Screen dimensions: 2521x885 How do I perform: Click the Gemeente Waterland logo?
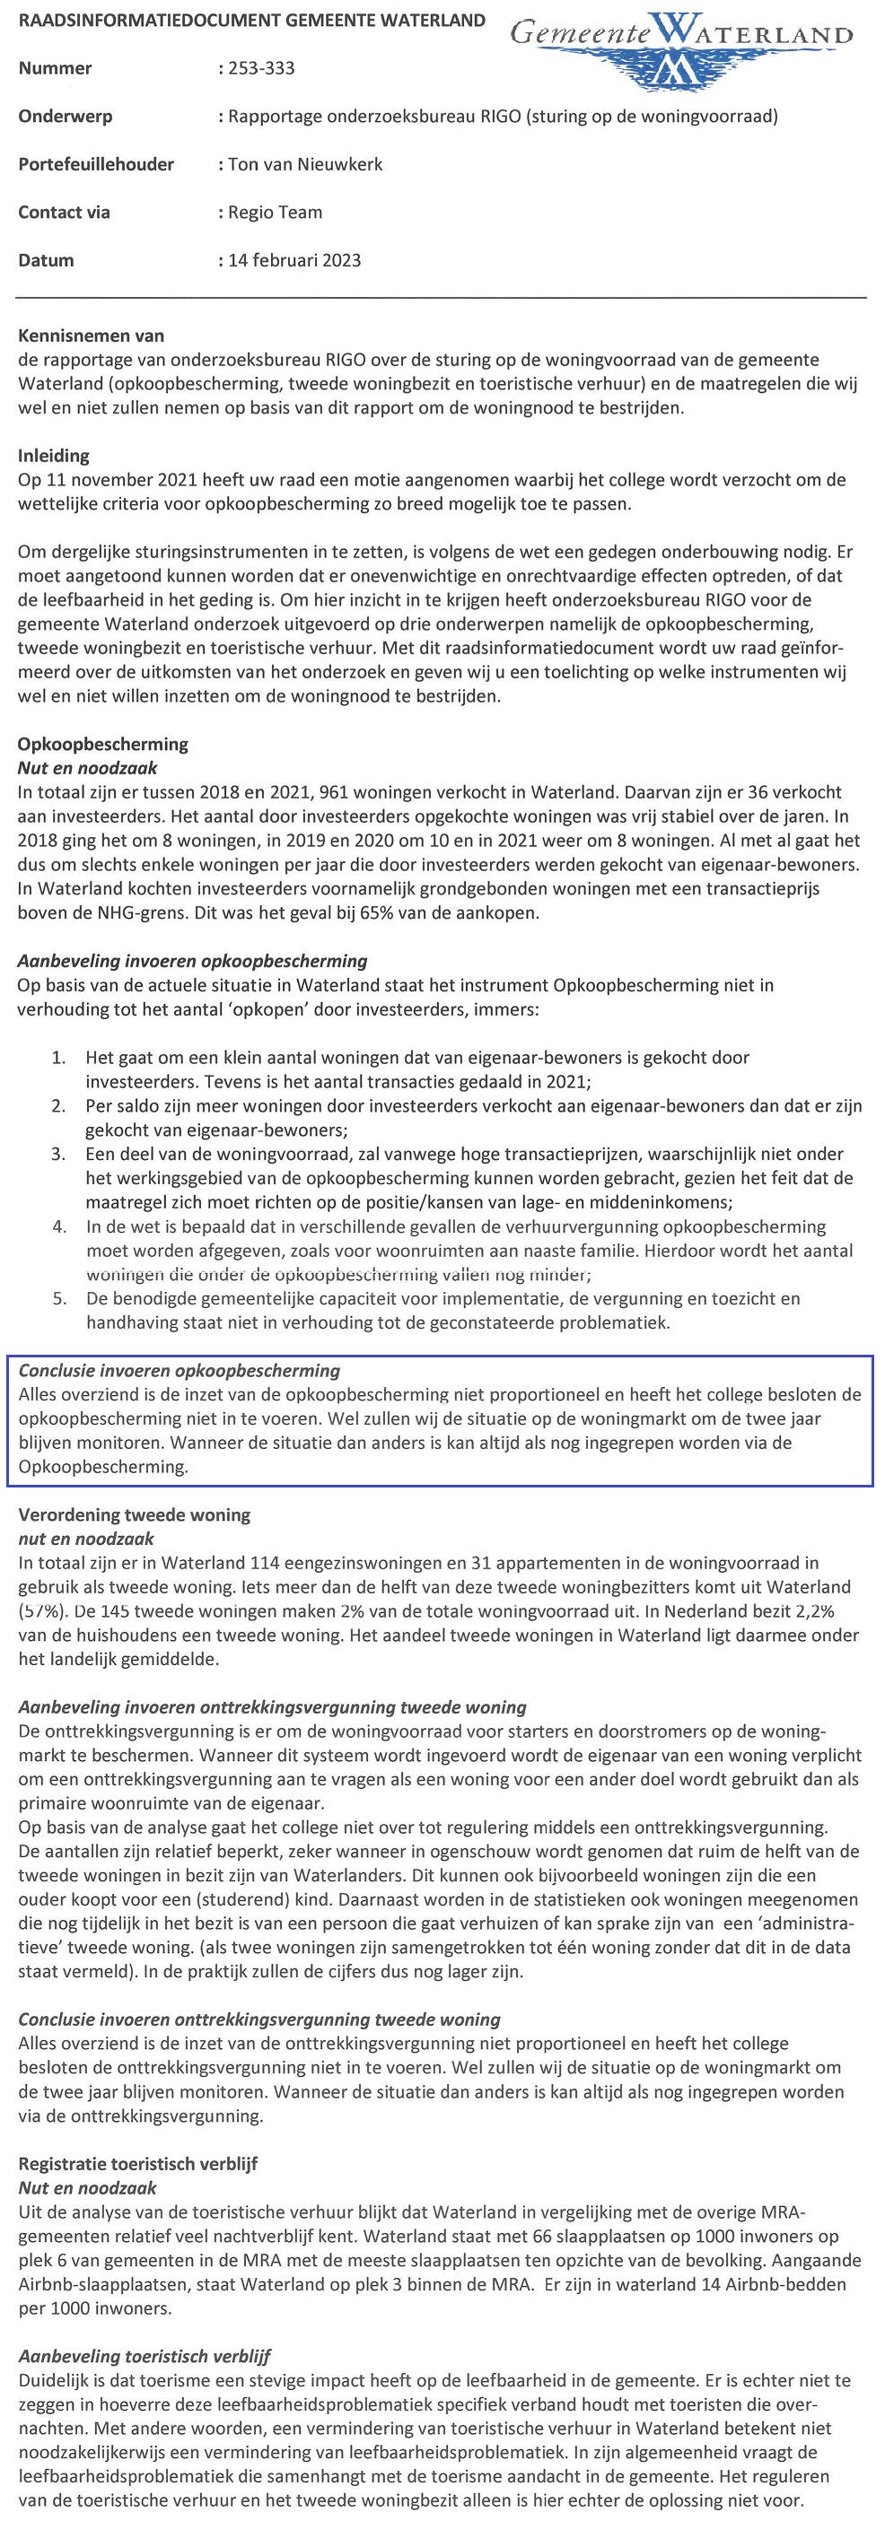tap(681, 49)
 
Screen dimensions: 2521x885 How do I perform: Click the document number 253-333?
tap(260, 68)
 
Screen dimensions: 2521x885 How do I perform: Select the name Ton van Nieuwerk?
tap(304, 164)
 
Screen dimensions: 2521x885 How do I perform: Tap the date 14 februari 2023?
tap(294, 260)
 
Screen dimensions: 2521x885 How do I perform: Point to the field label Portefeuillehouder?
tap(96, 164)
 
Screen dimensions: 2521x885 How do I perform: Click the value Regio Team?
tap(275, 213)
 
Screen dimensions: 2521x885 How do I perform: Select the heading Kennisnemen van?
tap(91, 336)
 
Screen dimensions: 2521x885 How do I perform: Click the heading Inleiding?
tap(54, 455)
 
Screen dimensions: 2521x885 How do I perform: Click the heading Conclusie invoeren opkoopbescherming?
tap(180, 1370)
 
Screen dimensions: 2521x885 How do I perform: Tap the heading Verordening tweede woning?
tap(134, 1515)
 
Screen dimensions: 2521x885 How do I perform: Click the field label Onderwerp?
tap(66, 117)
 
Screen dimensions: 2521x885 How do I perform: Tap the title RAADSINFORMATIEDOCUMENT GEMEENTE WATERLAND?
tap(251, 21)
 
